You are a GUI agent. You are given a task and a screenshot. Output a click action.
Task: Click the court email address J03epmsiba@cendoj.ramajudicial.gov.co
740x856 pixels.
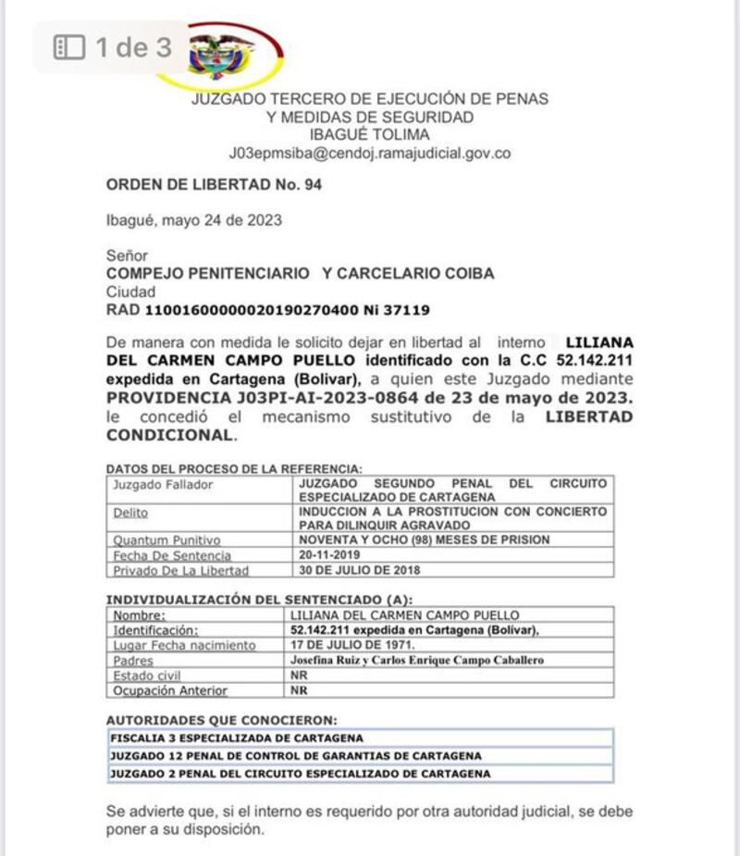tap(369, 154)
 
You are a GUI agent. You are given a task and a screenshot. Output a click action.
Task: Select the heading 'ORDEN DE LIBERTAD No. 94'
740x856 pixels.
tap(214, 185)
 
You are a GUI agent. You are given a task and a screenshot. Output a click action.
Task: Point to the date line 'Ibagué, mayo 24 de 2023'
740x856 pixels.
tap(194, 220)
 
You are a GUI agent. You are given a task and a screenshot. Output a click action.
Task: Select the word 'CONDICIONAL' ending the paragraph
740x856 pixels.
tap(171, 435)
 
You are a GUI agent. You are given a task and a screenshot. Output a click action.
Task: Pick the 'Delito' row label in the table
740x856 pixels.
tap(130, 512)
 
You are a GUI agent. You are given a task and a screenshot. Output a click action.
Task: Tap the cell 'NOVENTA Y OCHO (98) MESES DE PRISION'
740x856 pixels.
tap(424, 540)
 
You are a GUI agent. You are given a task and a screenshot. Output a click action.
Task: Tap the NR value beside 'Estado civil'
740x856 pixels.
tap(299, 676)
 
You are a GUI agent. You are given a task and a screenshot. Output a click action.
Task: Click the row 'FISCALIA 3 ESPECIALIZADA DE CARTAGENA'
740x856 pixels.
tap(237, 738)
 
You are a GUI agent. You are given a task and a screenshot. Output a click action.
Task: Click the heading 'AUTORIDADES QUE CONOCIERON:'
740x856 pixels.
tap(222, 719)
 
